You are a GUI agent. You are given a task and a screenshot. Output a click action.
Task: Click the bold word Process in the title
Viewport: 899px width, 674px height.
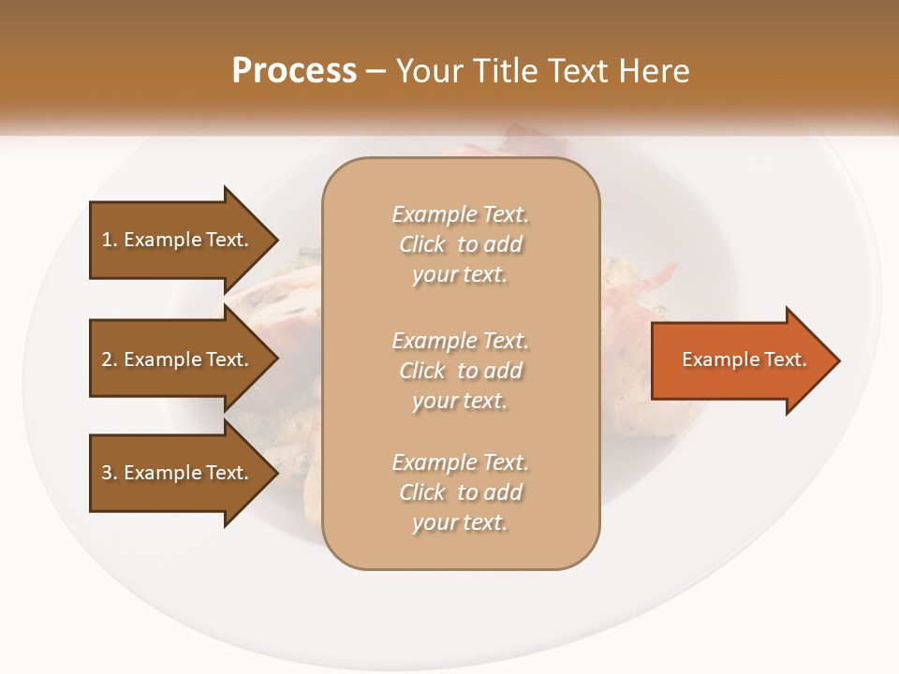(x=294, y=71)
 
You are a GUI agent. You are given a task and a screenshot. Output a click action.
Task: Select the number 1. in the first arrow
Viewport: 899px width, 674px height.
(x=110, y=240)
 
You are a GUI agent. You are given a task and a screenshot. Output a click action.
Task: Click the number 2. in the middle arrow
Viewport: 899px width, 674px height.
(x=110, y=359)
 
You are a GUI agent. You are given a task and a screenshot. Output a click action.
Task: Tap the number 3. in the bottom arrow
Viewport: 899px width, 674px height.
(x=110, y=473)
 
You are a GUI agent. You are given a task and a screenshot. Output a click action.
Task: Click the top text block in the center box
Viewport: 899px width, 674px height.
(x=460, y=244)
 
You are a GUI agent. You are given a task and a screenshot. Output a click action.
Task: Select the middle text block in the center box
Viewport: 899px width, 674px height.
(x=460, y=371)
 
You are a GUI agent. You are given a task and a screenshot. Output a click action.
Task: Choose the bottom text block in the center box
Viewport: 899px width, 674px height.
(x=460, y=492)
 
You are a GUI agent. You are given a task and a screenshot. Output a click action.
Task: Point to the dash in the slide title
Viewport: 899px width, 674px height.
(x=376, y=71)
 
